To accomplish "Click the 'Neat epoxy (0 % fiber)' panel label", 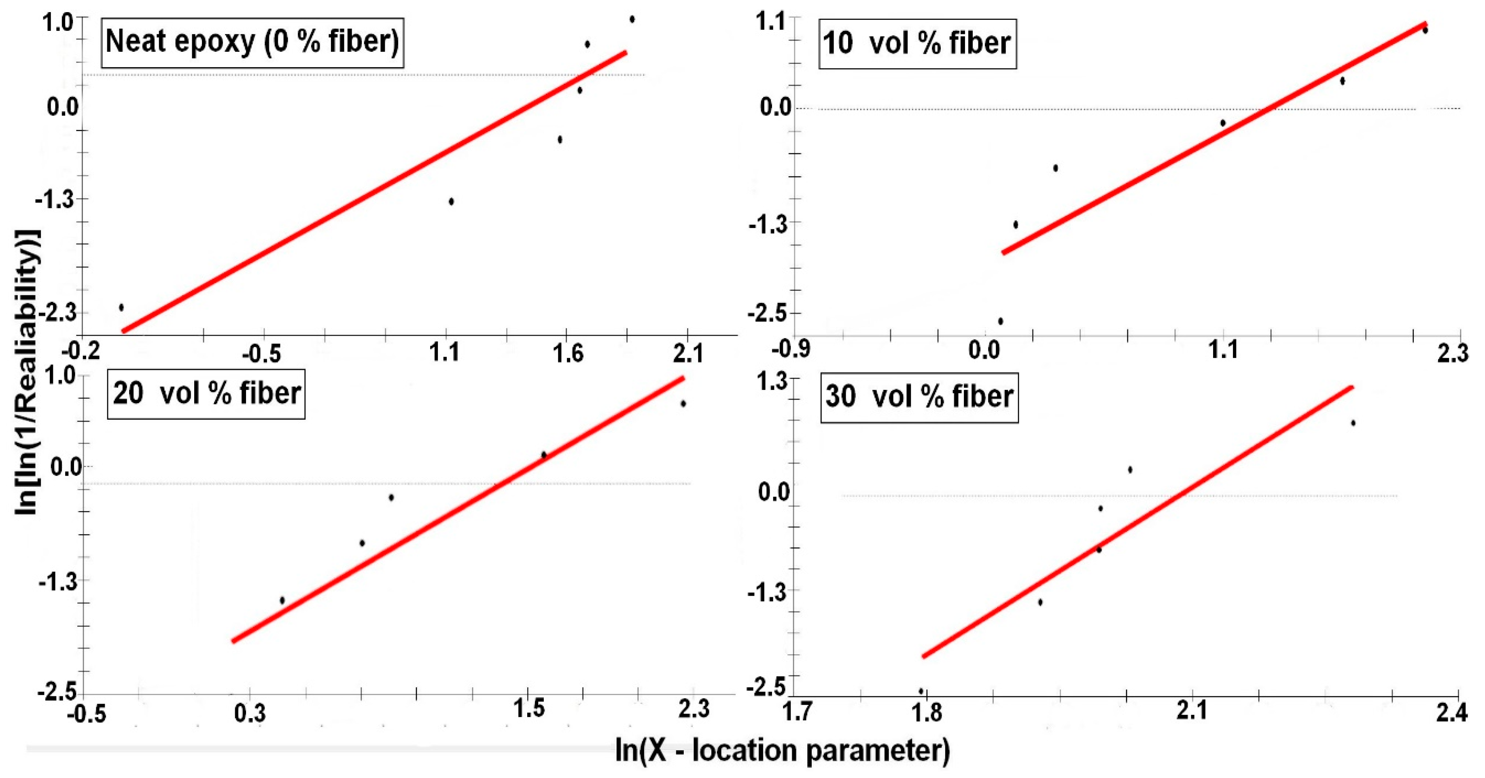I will click(x=252, y=42).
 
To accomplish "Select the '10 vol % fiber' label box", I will click(x=917, y=44).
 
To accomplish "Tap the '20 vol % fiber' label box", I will click(x=206, y=394).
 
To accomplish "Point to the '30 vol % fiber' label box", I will click(x=919, y=397).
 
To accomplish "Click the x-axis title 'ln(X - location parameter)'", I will click(x=782, y=751).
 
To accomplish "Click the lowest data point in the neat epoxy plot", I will click(x=121, y=307).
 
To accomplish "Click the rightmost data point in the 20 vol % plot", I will click(x=683, y=404).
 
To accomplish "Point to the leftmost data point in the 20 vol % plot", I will click(x=282, y=600).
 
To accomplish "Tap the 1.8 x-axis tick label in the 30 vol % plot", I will click(x=927, y=712).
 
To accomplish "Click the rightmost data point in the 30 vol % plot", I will click(x=1353, y=423).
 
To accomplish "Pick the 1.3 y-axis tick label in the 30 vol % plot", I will click(x=771, y=381).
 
